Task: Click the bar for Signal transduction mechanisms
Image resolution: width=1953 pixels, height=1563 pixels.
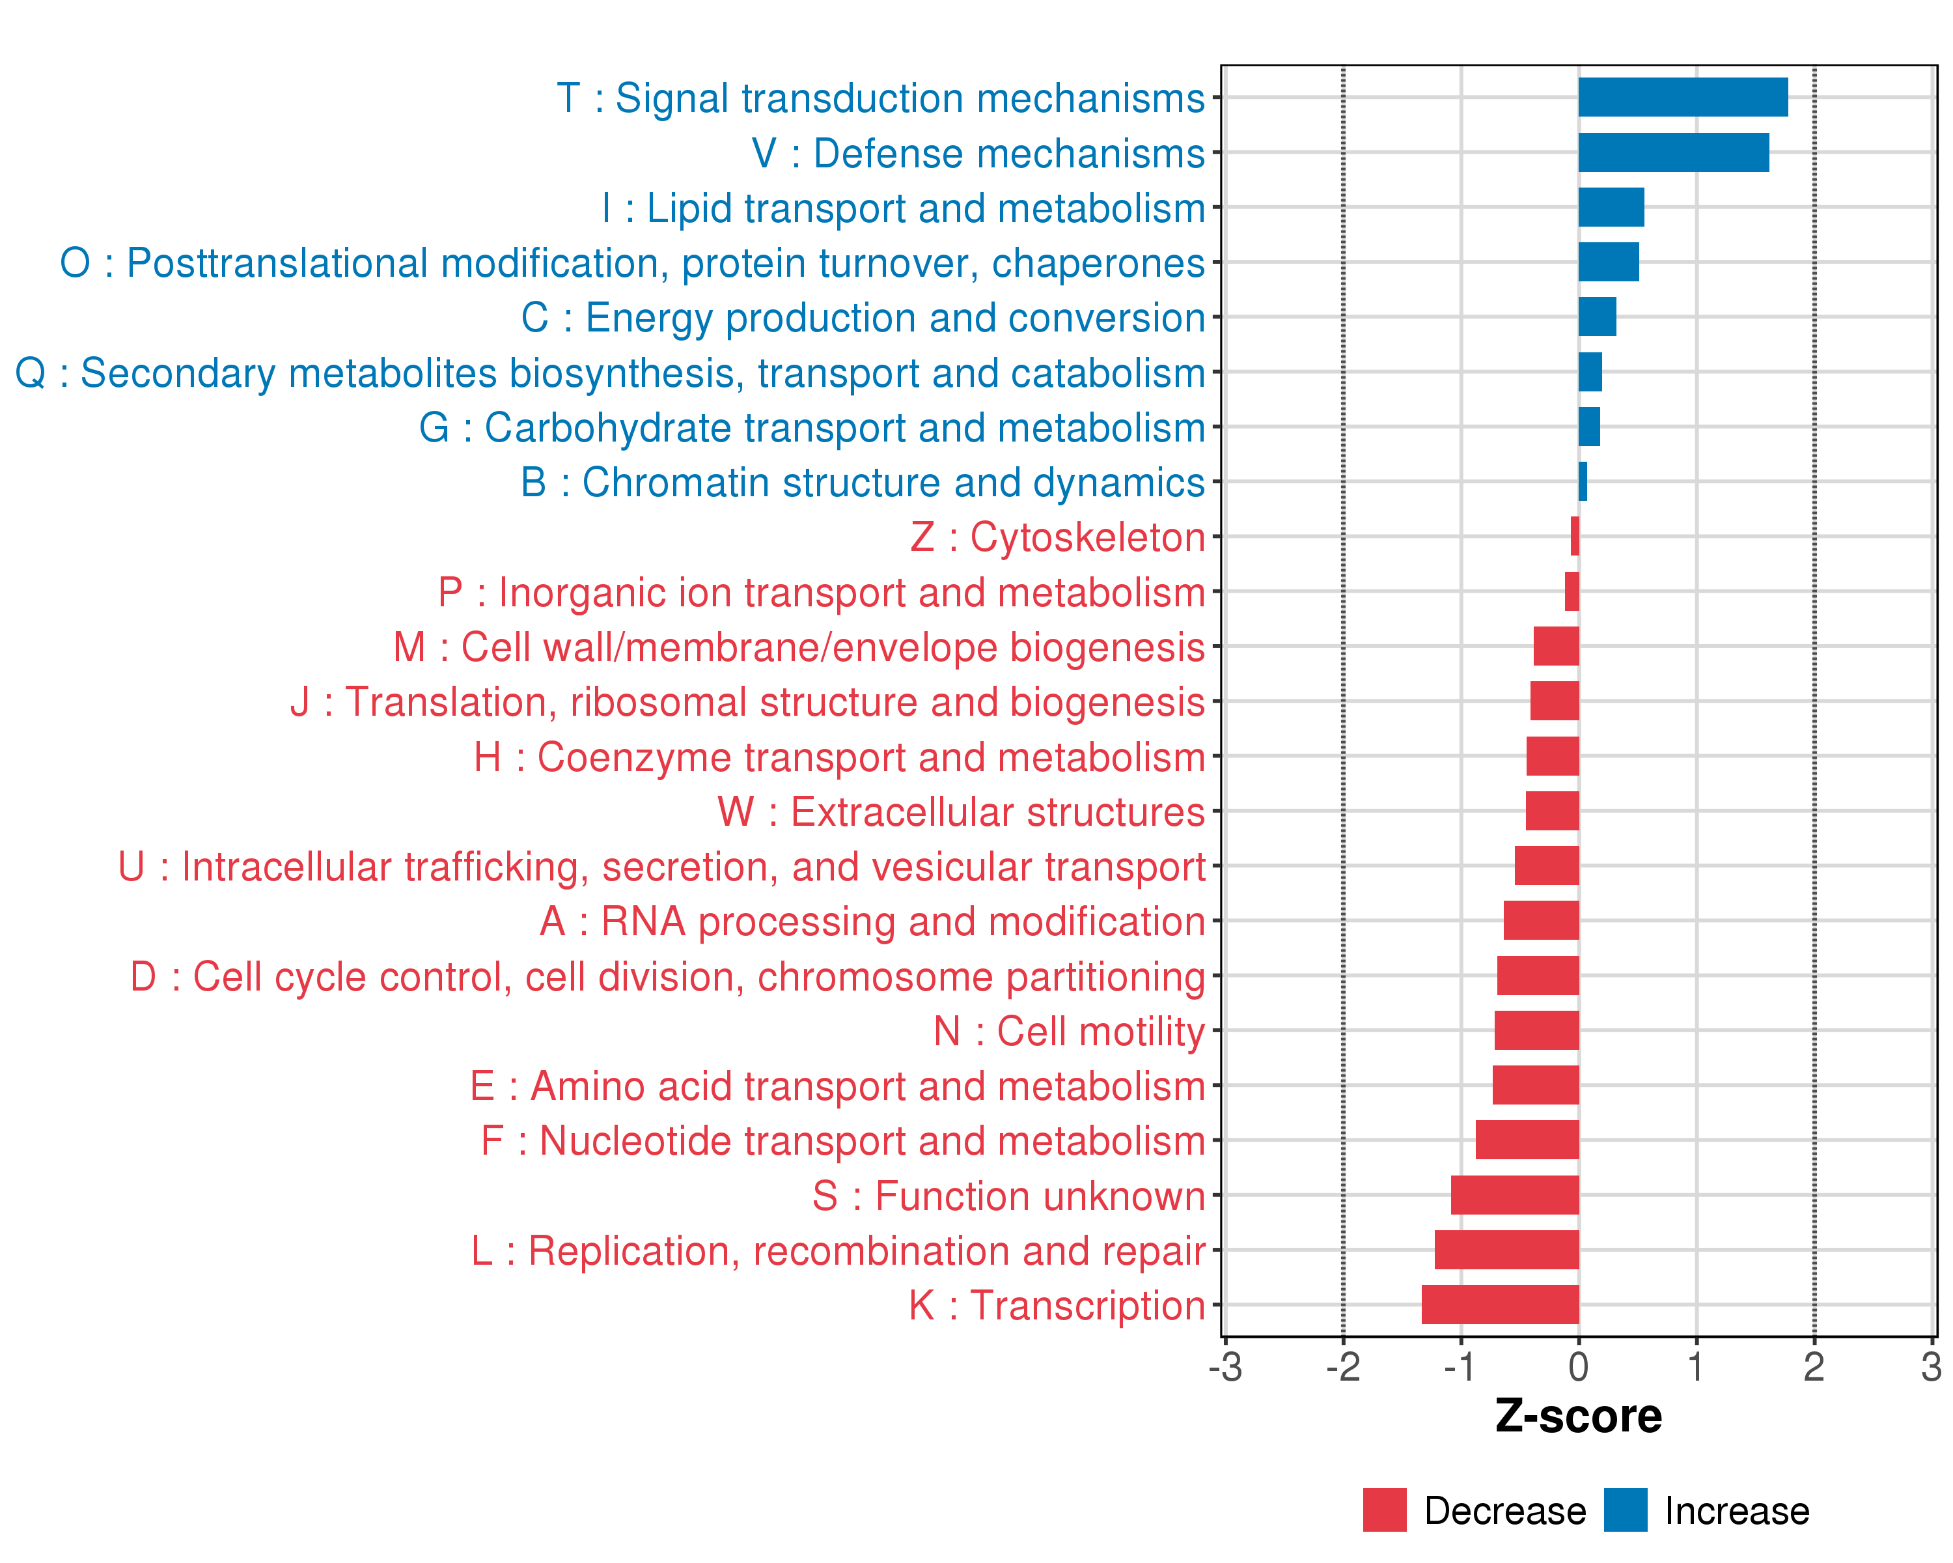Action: point(1682,97)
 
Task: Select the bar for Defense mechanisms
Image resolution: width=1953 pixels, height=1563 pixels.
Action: point(1673,152)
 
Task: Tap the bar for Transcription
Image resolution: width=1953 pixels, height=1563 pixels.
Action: point(1500,1304)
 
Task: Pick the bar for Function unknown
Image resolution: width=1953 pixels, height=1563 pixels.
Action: point(1515,1195)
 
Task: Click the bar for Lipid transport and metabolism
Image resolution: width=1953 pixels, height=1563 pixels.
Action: point(1611,208)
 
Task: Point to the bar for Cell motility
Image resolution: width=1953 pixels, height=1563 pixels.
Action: point(1536,1030)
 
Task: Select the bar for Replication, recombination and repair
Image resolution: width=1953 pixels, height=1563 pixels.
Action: point(1506,1250)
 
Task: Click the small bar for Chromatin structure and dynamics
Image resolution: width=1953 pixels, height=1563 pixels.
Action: point(1583,481)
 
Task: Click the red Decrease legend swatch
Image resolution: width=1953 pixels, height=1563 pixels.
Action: point(1384,1510)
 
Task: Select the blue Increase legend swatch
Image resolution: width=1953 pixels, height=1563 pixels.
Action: point(1625,1510)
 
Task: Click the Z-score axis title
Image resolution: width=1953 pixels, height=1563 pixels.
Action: point(1578,1416)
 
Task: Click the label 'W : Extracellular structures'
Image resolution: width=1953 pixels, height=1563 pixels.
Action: point(961,812)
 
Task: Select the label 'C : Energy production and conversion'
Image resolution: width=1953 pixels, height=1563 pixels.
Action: point(863,318)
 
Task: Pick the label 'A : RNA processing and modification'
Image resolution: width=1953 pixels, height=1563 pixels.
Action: point(872,922)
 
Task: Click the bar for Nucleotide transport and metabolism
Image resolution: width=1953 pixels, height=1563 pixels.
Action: point(1527,1140)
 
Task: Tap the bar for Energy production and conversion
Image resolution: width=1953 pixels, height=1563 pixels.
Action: point(1597,317)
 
